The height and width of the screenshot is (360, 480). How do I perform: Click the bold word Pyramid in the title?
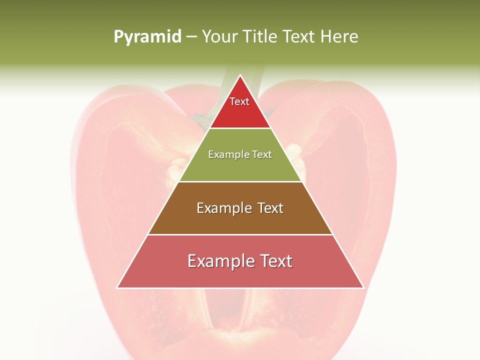tap(147, 37)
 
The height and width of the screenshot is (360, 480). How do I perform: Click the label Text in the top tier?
tap(239, 101)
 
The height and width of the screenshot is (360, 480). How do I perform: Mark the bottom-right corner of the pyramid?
tap(363, 287)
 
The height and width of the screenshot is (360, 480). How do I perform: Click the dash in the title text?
tap(191, 37)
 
